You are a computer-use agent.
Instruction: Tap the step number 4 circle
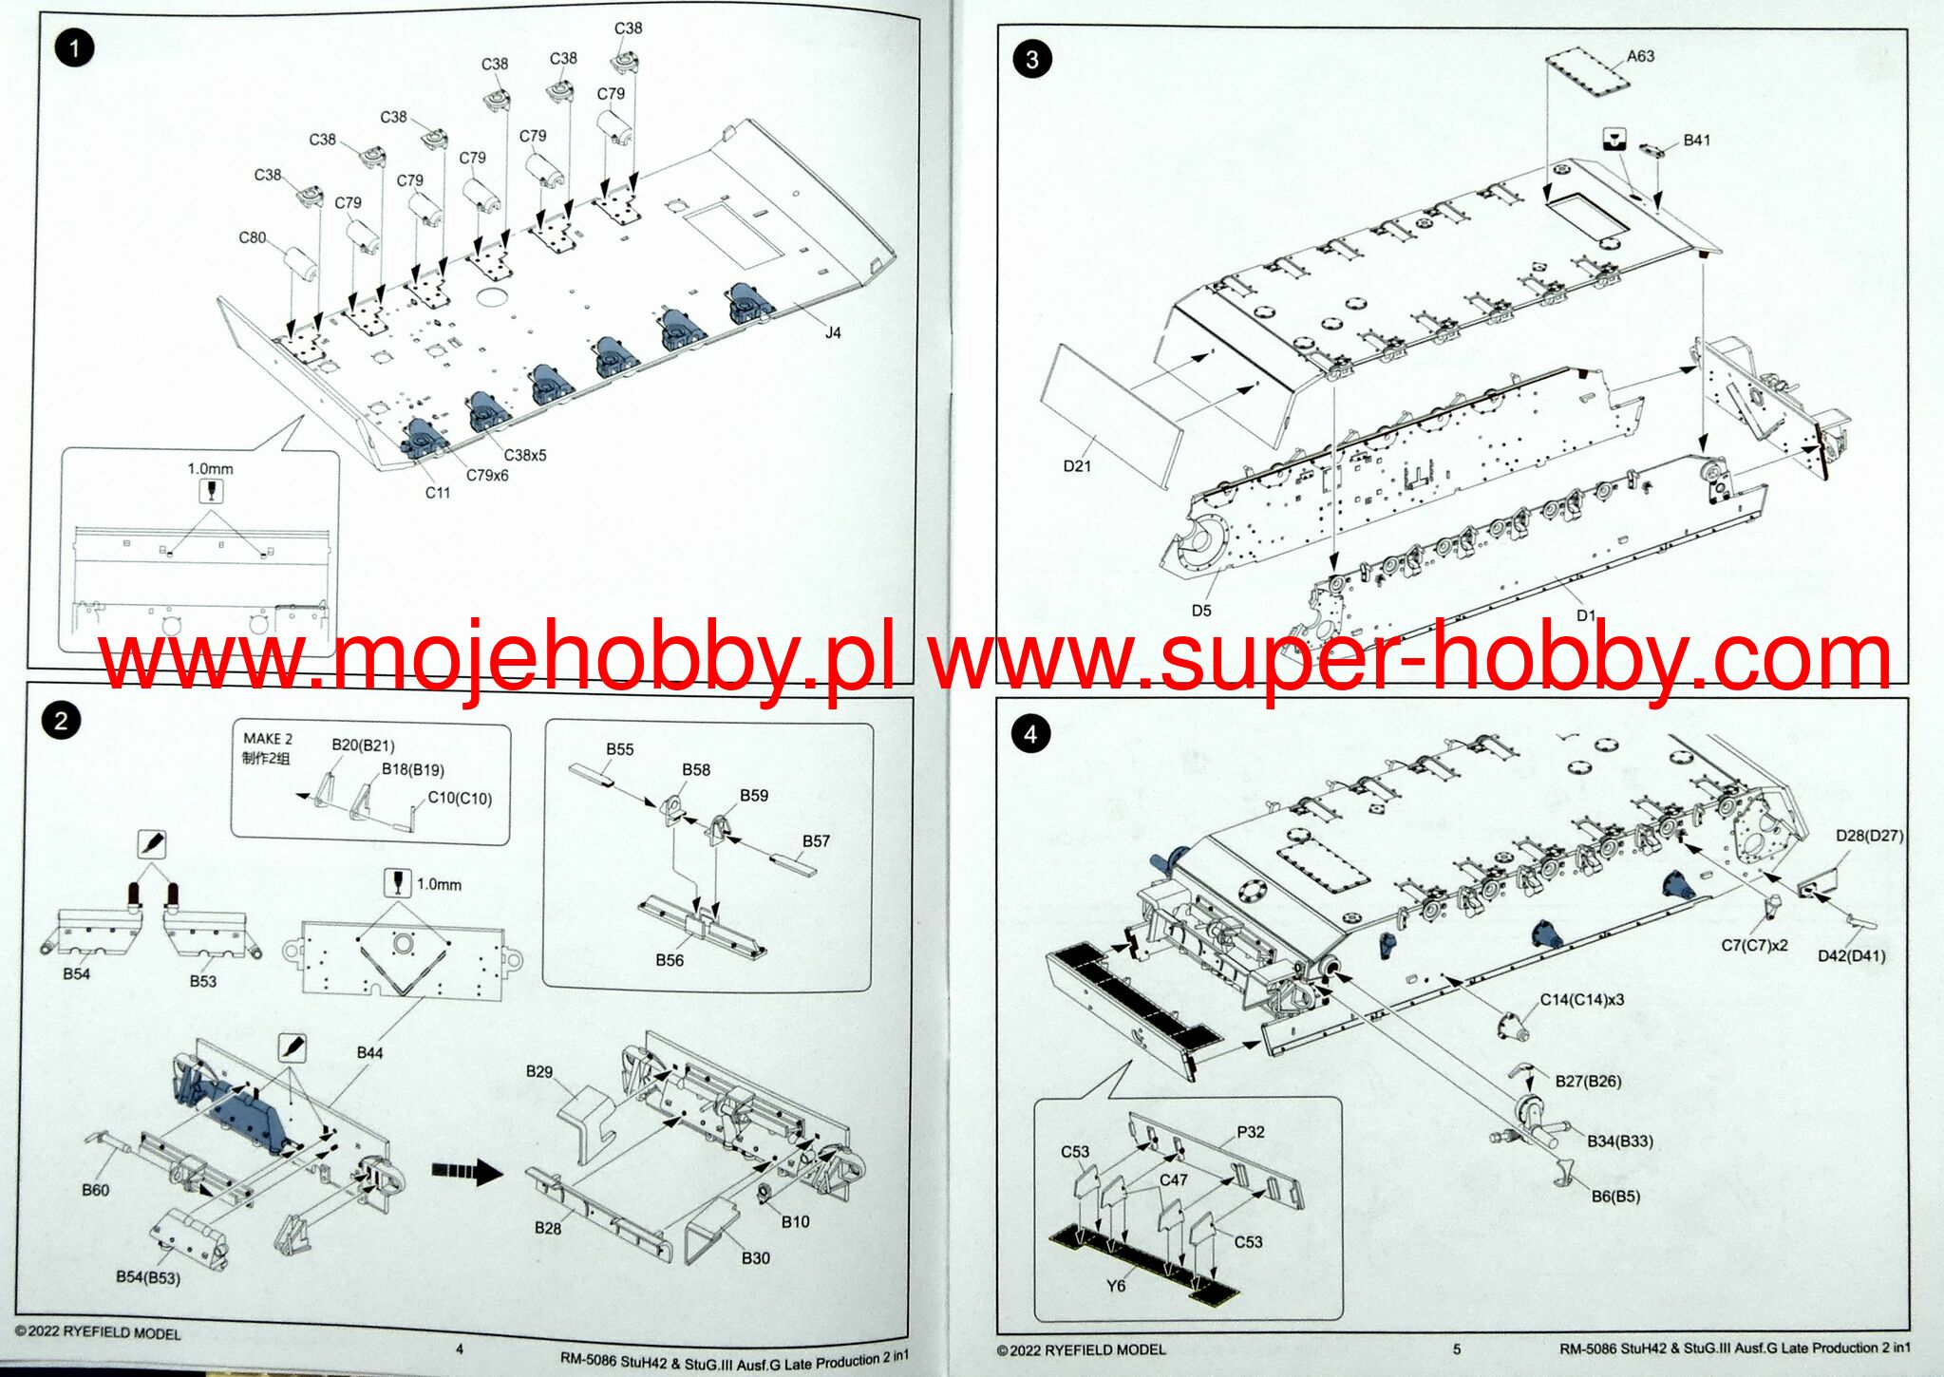pyautogui.click(x=1030, y=734)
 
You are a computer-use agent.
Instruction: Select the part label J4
pyautogui.click(x=832, y=332)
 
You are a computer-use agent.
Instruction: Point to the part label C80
pyautogui.click(x=252, y=237)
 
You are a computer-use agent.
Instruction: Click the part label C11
pyautogui.click(x=437, y=492)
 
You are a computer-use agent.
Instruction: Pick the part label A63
pyautogui.click(x=1640, y=56)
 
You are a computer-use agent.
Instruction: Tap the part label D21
pyautogui.click(x=1077, y=465)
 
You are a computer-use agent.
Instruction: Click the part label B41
pyautogui.click(x=1696, y=141)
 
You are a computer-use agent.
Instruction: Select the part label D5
pyautogui.click(x=1201, y=611)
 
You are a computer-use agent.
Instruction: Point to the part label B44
pyautogui.click(x=369, y=1052)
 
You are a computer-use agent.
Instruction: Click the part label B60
pyautogui.click(x=95, y=1190)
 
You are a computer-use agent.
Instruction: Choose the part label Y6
pyautogui.click(x=1115, y=1286)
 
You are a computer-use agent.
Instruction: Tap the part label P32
pyautogui.click(x=1251, y=1132)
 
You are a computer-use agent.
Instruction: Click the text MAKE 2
pyautogui.click(x=268, y=739)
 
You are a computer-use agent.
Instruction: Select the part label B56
pyautogui.click(x=669, y=960)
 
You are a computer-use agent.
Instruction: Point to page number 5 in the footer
pyautogui.click(x=1456, y=1349)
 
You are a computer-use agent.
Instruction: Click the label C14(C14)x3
pyautogui.click(x=1581, y=1000)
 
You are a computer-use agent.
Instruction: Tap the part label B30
pyautogui.click(x=755, y=1258)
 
